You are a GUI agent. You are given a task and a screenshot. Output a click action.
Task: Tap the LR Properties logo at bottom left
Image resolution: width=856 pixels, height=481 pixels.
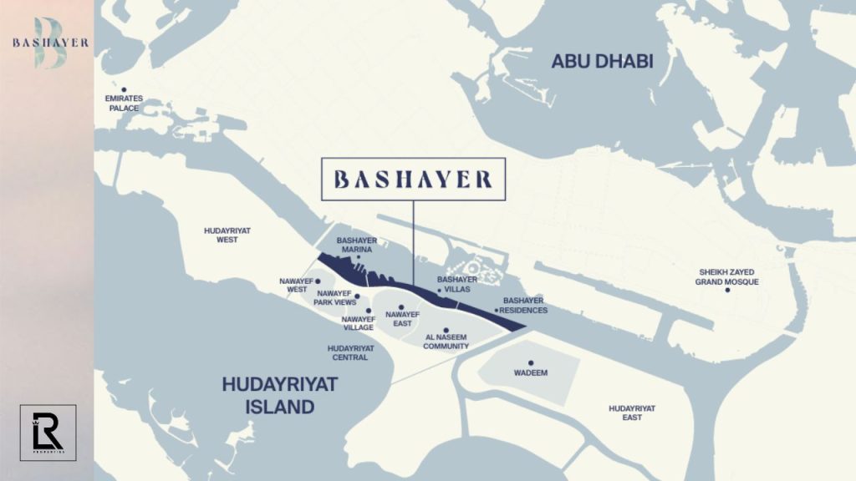point(48,432)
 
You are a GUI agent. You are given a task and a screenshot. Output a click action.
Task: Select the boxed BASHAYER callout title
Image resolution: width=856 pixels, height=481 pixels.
point(413,179)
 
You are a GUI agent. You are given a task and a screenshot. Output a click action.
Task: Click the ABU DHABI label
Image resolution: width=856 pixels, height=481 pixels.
point(602,61)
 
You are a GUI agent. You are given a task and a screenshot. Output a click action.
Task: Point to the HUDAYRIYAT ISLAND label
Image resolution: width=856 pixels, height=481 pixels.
point(279,395)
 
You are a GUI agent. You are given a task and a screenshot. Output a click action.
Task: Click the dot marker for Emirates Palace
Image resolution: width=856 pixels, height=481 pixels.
point(125,89)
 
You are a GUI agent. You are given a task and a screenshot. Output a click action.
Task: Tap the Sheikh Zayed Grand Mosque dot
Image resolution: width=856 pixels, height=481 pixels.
point(727,290)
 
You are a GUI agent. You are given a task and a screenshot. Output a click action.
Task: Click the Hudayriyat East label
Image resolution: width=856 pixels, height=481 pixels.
point(632,412)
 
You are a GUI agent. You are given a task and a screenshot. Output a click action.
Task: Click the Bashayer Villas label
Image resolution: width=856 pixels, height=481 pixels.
point(458,284)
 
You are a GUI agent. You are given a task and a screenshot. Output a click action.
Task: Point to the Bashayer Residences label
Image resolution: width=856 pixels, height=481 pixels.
point(525,305)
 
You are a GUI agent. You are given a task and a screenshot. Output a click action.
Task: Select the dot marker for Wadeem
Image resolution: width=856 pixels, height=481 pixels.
point(531,362)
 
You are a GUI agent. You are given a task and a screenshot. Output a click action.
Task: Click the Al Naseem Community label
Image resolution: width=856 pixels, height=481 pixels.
point(447,342)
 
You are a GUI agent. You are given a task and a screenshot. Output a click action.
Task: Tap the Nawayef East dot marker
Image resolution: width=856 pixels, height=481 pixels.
point(401,307)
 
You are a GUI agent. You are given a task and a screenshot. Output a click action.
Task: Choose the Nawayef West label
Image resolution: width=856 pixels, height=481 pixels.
point(297,285)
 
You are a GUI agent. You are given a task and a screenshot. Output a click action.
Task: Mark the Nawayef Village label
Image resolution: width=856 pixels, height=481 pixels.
point(358,323)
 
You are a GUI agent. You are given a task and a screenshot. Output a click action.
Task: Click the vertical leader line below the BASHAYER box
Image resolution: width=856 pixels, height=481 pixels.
point(414,242)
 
